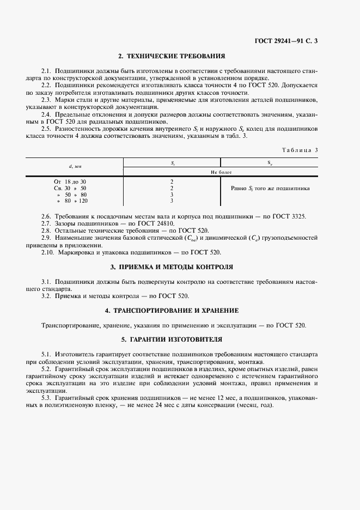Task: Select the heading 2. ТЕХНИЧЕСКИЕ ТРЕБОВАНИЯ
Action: coord(172,56)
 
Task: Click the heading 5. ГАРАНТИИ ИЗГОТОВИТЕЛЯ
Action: coord(172,339)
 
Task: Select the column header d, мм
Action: coord(75,166)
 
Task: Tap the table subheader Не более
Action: coord(221,172)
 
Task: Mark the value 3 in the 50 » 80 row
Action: coord(172,194)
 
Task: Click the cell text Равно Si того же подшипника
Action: coord(270,188)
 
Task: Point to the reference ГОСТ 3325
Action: coord(291,217)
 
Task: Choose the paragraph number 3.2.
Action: coord(46,295)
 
